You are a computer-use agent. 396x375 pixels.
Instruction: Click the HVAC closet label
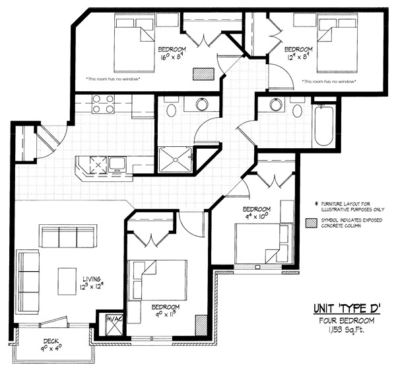point(115,319)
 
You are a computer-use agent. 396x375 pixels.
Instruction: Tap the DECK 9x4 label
point(51,345)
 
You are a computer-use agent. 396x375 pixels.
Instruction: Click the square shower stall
point(174,159)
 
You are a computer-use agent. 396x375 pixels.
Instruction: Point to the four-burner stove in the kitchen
point(103,104)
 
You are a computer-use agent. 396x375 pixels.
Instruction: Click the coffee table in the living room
point(67,281)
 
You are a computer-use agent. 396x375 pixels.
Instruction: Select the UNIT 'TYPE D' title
point(346,308)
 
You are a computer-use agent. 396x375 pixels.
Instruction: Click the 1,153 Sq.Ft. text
point(346,329)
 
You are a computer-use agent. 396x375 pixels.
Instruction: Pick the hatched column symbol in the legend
point(311,224)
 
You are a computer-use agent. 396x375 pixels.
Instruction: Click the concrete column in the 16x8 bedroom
point(203,74)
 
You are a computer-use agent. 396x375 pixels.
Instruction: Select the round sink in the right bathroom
point(276,104)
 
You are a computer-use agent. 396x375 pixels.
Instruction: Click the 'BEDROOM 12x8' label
point(298,53)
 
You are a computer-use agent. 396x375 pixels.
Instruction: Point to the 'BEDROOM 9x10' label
point(256,213)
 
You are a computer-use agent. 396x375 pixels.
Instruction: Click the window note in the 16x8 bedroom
point(113,79)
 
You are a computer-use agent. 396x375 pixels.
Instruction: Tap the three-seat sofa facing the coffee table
point(68,236)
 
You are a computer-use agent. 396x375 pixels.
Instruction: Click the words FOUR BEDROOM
point(346,321)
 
